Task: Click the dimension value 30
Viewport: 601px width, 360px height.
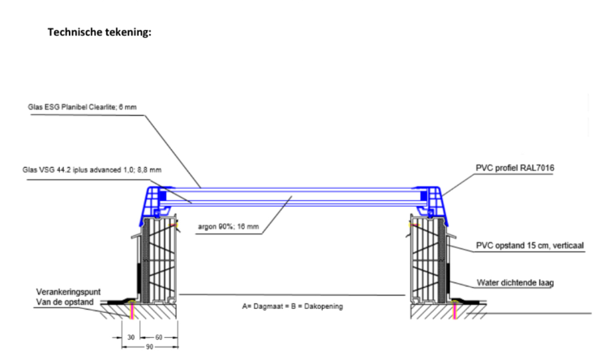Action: tap(130, 336)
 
